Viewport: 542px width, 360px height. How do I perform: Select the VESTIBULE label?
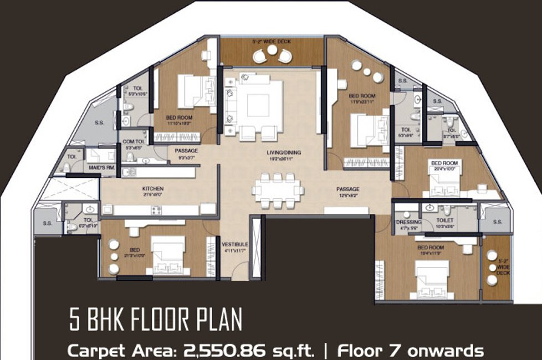[235, 244]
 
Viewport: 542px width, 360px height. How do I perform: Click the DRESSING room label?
[408, 222]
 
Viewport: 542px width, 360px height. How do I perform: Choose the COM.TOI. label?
[134, 141]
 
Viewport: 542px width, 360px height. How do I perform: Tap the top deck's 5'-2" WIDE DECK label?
[272, 42]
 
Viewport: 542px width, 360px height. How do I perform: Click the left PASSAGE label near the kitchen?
[186, 151]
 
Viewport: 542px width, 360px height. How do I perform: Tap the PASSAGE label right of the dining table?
[347, 189]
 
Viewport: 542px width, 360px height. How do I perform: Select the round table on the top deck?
[272, 51]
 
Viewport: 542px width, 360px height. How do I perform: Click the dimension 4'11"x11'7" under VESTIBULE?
[235, 251]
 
